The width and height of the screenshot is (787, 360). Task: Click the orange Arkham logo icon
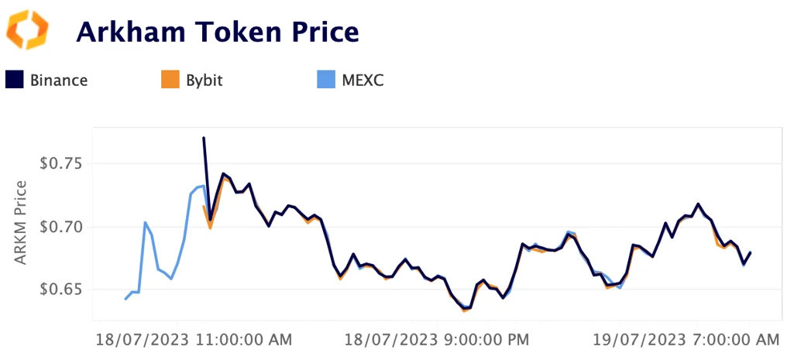(27, 30)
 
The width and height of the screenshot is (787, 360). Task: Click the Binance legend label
(59, 80)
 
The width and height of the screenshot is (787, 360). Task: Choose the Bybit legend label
(204, 80)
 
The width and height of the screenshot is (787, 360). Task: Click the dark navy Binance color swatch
(15, 80)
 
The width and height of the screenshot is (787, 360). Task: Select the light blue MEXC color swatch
(327, 80)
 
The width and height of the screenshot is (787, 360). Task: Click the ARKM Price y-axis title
(21, 222)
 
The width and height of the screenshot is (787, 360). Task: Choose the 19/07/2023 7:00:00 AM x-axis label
(686, 339)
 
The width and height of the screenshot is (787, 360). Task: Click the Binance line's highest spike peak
(204, 138)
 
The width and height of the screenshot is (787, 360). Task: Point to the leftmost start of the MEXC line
(125, 299)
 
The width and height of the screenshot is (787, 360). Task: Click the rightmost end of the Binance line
(751, 252)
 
